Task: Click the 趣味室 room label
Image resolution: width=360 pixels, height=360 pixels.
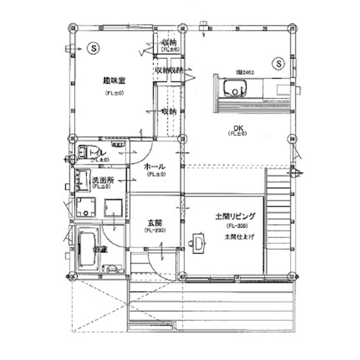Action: point(111,80)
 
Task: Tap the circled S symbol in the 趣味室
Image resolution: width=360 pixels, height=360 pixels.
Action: point(92,48)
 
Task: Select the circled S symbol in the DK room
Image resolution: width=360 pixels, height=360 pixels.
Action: point(279,64)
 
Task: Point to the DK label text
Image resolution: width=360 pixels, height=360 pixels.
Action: point(238,127)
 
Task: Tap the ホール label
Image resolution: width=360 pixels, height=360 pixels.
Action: point(155,167)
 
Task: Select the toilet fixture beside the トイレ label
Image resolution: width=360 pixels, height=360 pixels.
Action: point(84,152)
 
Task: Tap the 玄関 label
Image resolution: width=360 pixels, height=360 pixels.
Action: point(155,223)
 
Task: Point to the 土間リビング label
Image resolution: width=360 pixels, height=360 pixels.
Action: point(235,216)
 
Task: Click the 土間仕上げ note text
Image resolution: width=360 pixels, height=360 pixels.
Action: point(237,237)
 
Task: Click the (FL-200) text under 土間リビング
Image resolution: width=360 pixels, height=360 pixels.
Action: point(235,226)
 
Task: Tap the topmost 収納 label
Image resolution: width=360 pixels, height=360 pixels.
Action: point(169,42)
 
